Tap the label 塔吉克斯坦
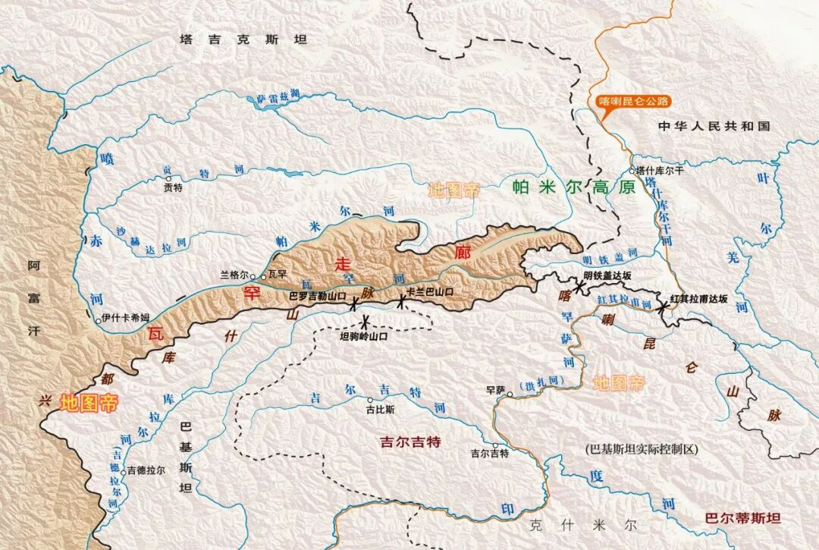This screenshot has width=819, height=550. click(x=243, y=39)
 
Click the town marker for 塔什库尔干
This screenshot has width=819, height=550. click(x=632, y=171)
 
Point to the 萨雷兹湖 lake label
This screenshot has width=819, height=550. click(x=278, y=95)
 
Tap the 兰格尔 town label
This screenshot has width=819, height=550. click(x=234, y=275)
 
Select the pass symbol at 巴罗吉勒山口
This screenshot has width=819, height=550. click(x=354, y=304)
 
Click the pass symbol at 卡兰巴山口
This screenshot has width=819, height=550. click(x=401, y=303)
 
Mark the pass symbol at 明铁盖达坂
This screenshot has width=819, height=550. click(x=580, y=287)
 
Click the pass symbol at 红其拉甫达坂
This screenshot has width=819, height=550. click(x=664, y=306)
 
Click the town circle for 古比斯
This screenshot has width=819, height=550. click(x=369, y=401)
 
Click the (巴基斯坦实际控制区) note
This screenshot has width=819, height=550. click(x=641, y=449)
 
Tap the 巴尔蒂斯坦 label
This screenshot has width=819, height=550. click(x=742, y=519)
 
